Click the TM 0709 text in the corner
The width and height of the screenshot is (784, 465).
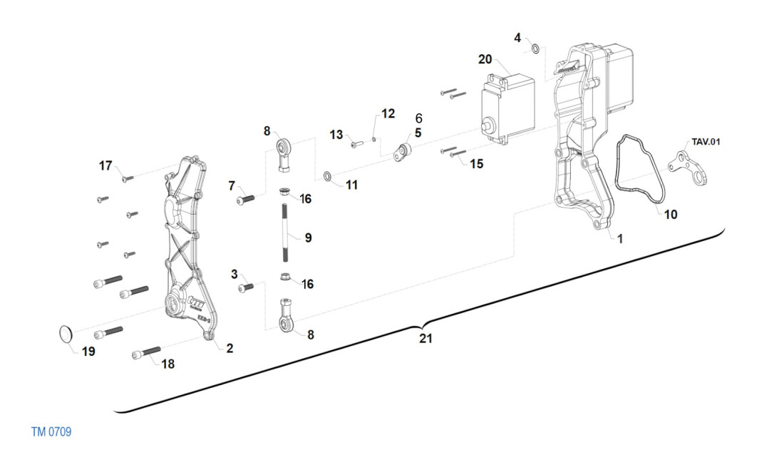pyautogui.click(x=51, y=432)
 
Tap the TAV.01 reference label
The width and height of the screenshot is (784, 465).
pyautogui.click(x=706, y=141)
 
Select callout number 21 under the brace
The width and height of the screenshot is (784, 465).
pyautogui.click(x=425, y=339)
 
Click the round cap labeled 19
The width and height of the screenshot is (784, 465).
pyautogui.click(x=64, y=333)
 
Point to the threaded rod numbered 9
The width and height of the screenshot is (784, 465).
pyautogui.click(x=285, y=234)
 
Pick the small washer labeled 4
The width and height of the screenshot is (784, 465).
pyautogui.click(x=535, y=49)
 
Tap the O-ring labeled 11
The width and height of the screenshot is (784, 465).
pyautogui.click(x=327, y=175)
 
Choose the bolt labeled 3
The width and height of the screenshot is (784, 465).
pyautogui.click(x=247, y=287)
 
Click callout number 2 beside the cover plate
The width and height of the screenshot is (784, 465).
pyautogui.click(x=229, y=348)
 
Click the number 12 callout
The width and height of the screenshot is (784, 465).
pyautogui.click(x=387, y=113)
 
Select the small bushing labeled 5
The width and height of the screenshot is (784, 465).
pyautogui.click(x=405, y=151)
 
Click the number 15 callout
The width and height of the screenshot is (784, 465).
pyautogui.click(x=476, y=163)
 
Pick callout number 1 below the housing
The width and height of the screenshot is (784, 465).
pyautogui.click(x=619, y=239)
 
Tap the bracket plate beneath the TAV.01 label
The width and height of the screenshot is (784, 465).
pyautogui.click(x=685, y=166)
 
